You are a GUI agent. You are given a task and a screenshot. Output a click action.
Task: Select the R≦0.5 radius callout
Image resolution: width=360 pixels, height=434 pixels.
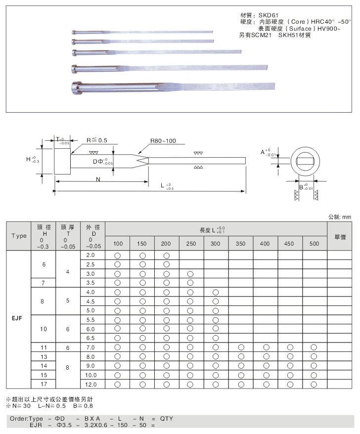97,140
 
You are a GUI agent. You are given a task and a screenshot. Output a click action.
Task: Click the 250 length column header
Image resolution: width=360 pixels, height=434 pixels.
191,244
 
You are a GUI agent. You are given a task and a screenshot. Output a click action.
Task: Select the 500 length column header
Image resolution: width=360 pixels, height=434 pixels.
314,244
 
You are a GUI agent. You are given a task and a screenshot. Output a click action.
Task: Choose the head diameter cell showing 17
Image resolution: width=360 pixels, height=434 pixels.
44,384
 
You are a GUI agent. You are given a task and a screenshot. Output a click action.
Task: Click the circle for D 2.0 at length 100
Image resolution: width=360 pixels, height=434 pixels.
118,256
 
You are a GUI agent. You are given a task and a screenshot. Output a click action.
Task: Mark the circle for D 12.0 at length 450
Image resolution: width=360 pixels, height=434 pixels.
289,384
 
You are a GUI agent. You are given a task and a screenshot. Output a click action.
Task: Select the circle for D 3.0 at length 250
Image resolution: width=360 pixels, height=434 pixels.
191,274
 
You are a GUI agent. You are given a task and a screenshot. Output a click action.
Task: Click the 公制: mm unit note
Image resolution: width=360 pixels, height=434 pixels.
339,217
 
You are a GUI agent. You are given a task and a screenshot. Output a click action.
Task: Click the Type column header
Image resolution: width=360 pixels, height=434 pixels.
18,236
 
